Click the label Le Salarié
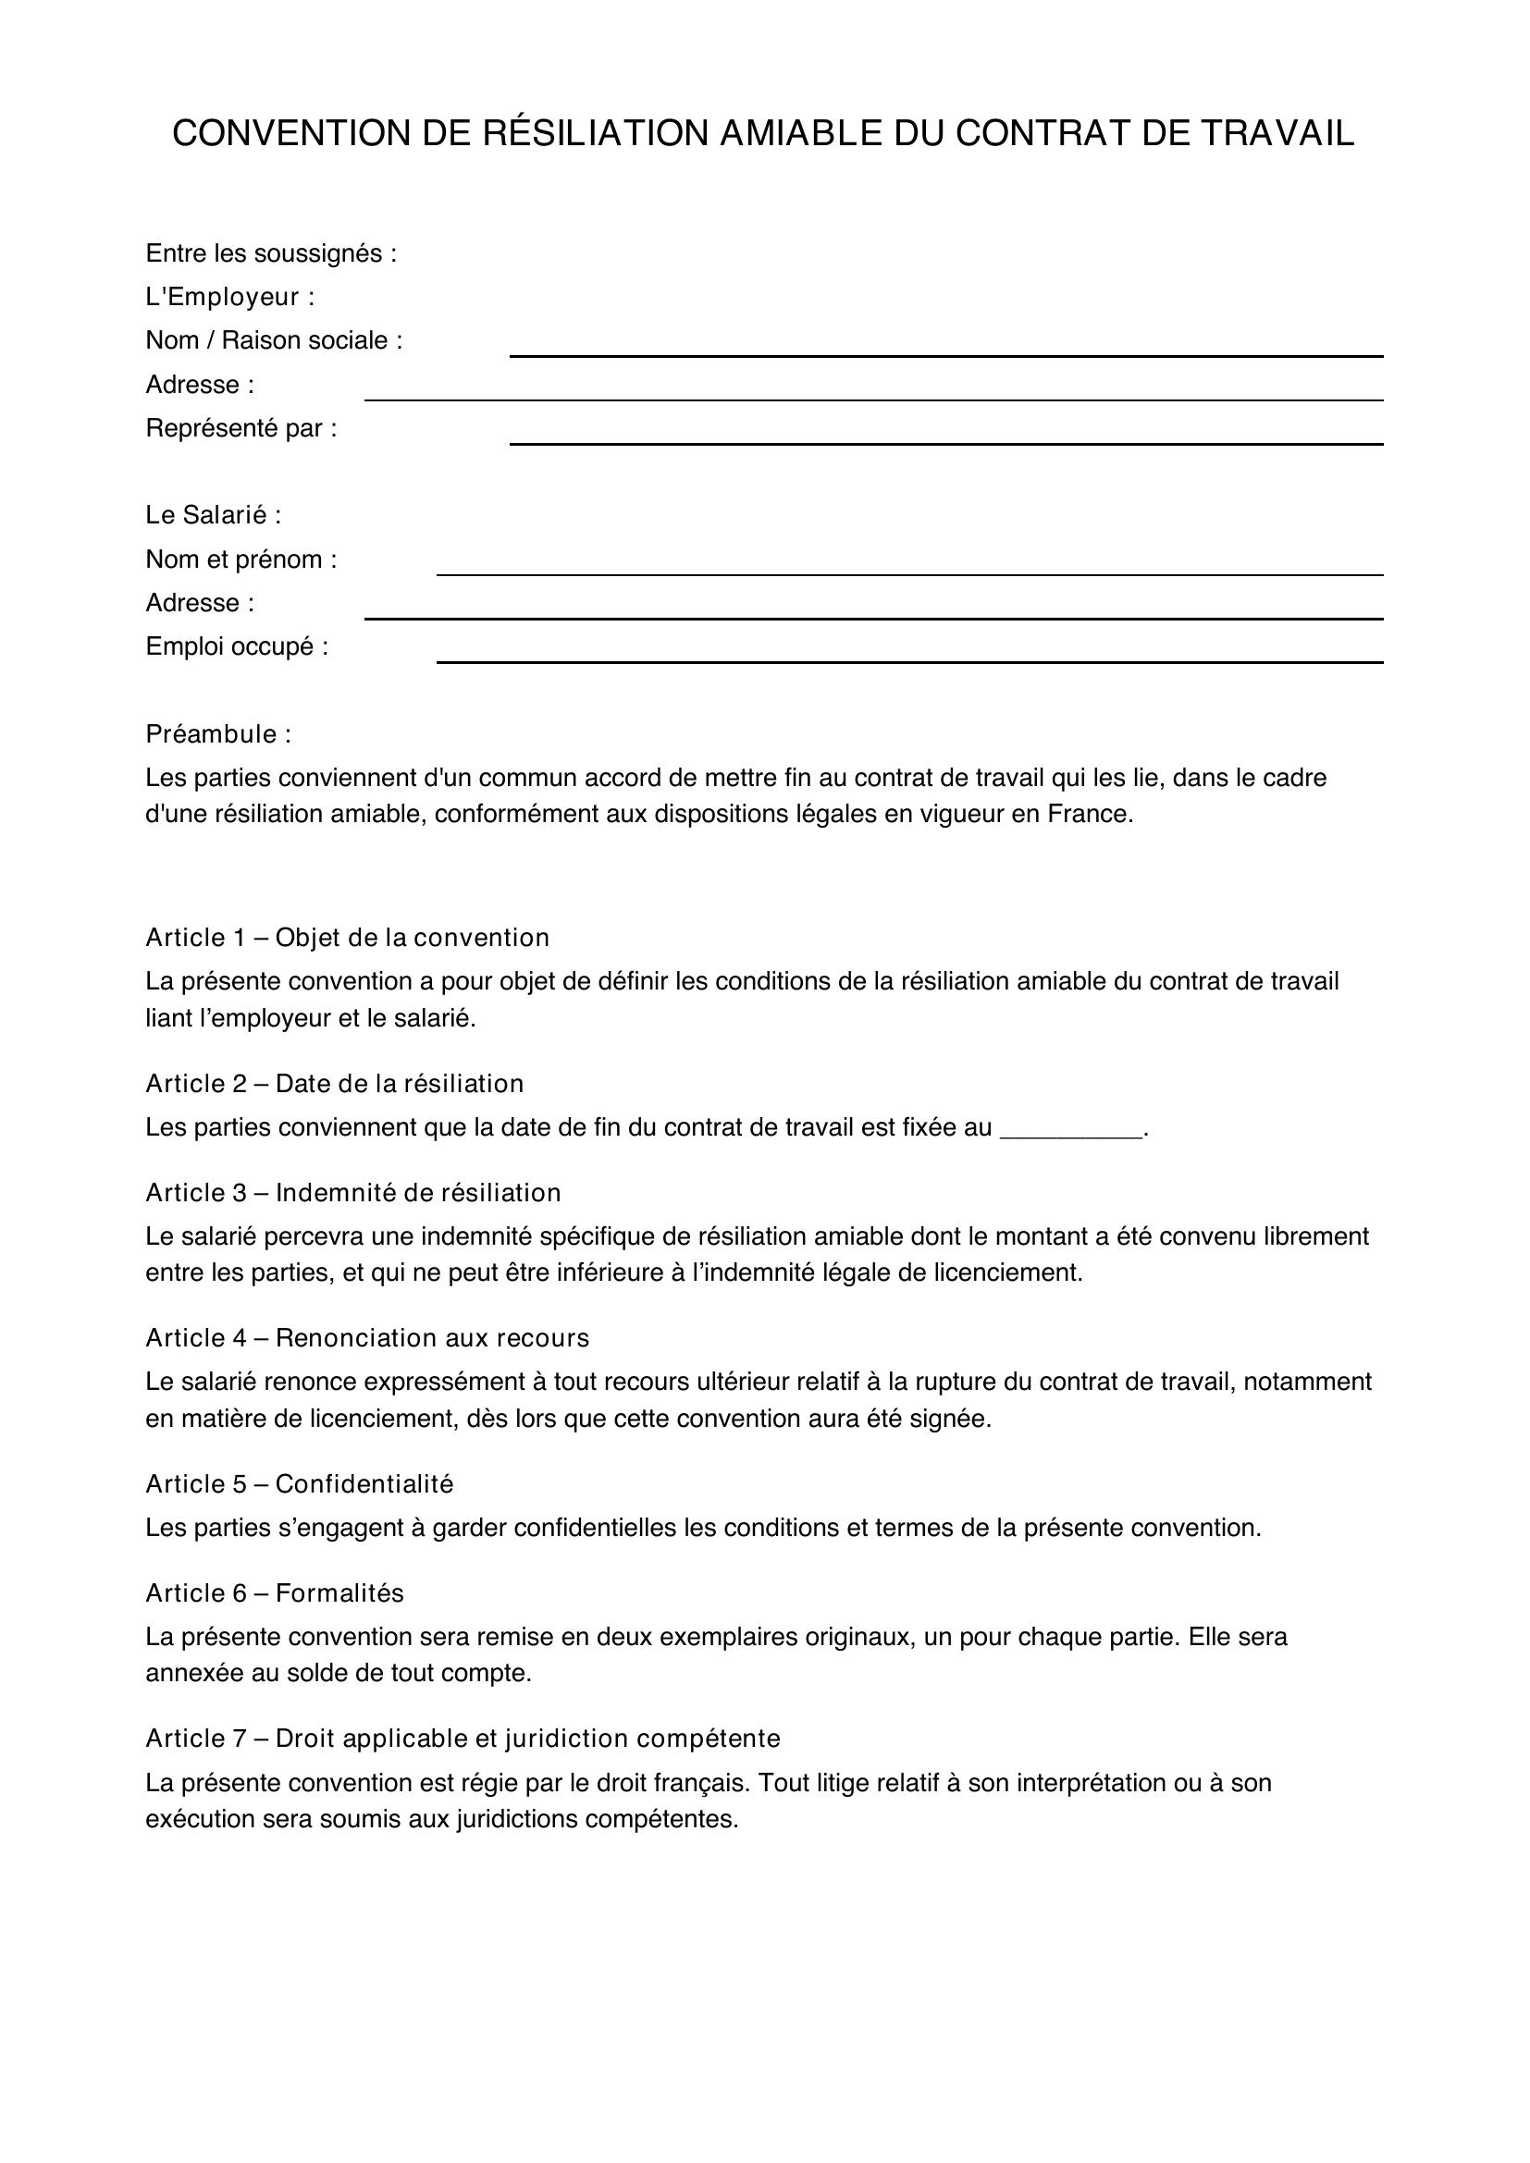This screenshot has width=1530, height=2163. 213,515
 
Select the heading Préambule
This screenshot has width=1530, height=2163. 217,734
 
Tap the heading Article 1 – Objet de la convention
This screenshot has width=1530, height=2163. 347,938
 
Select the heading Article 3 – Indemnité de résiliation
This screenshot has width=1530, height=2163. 352,1193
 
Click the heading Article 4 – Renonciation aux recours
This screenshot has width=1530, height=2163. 366,1338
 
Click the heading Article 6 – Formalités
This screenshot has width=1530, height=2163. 274,1593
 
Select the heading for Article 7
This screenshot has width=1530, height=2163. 463,1739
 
